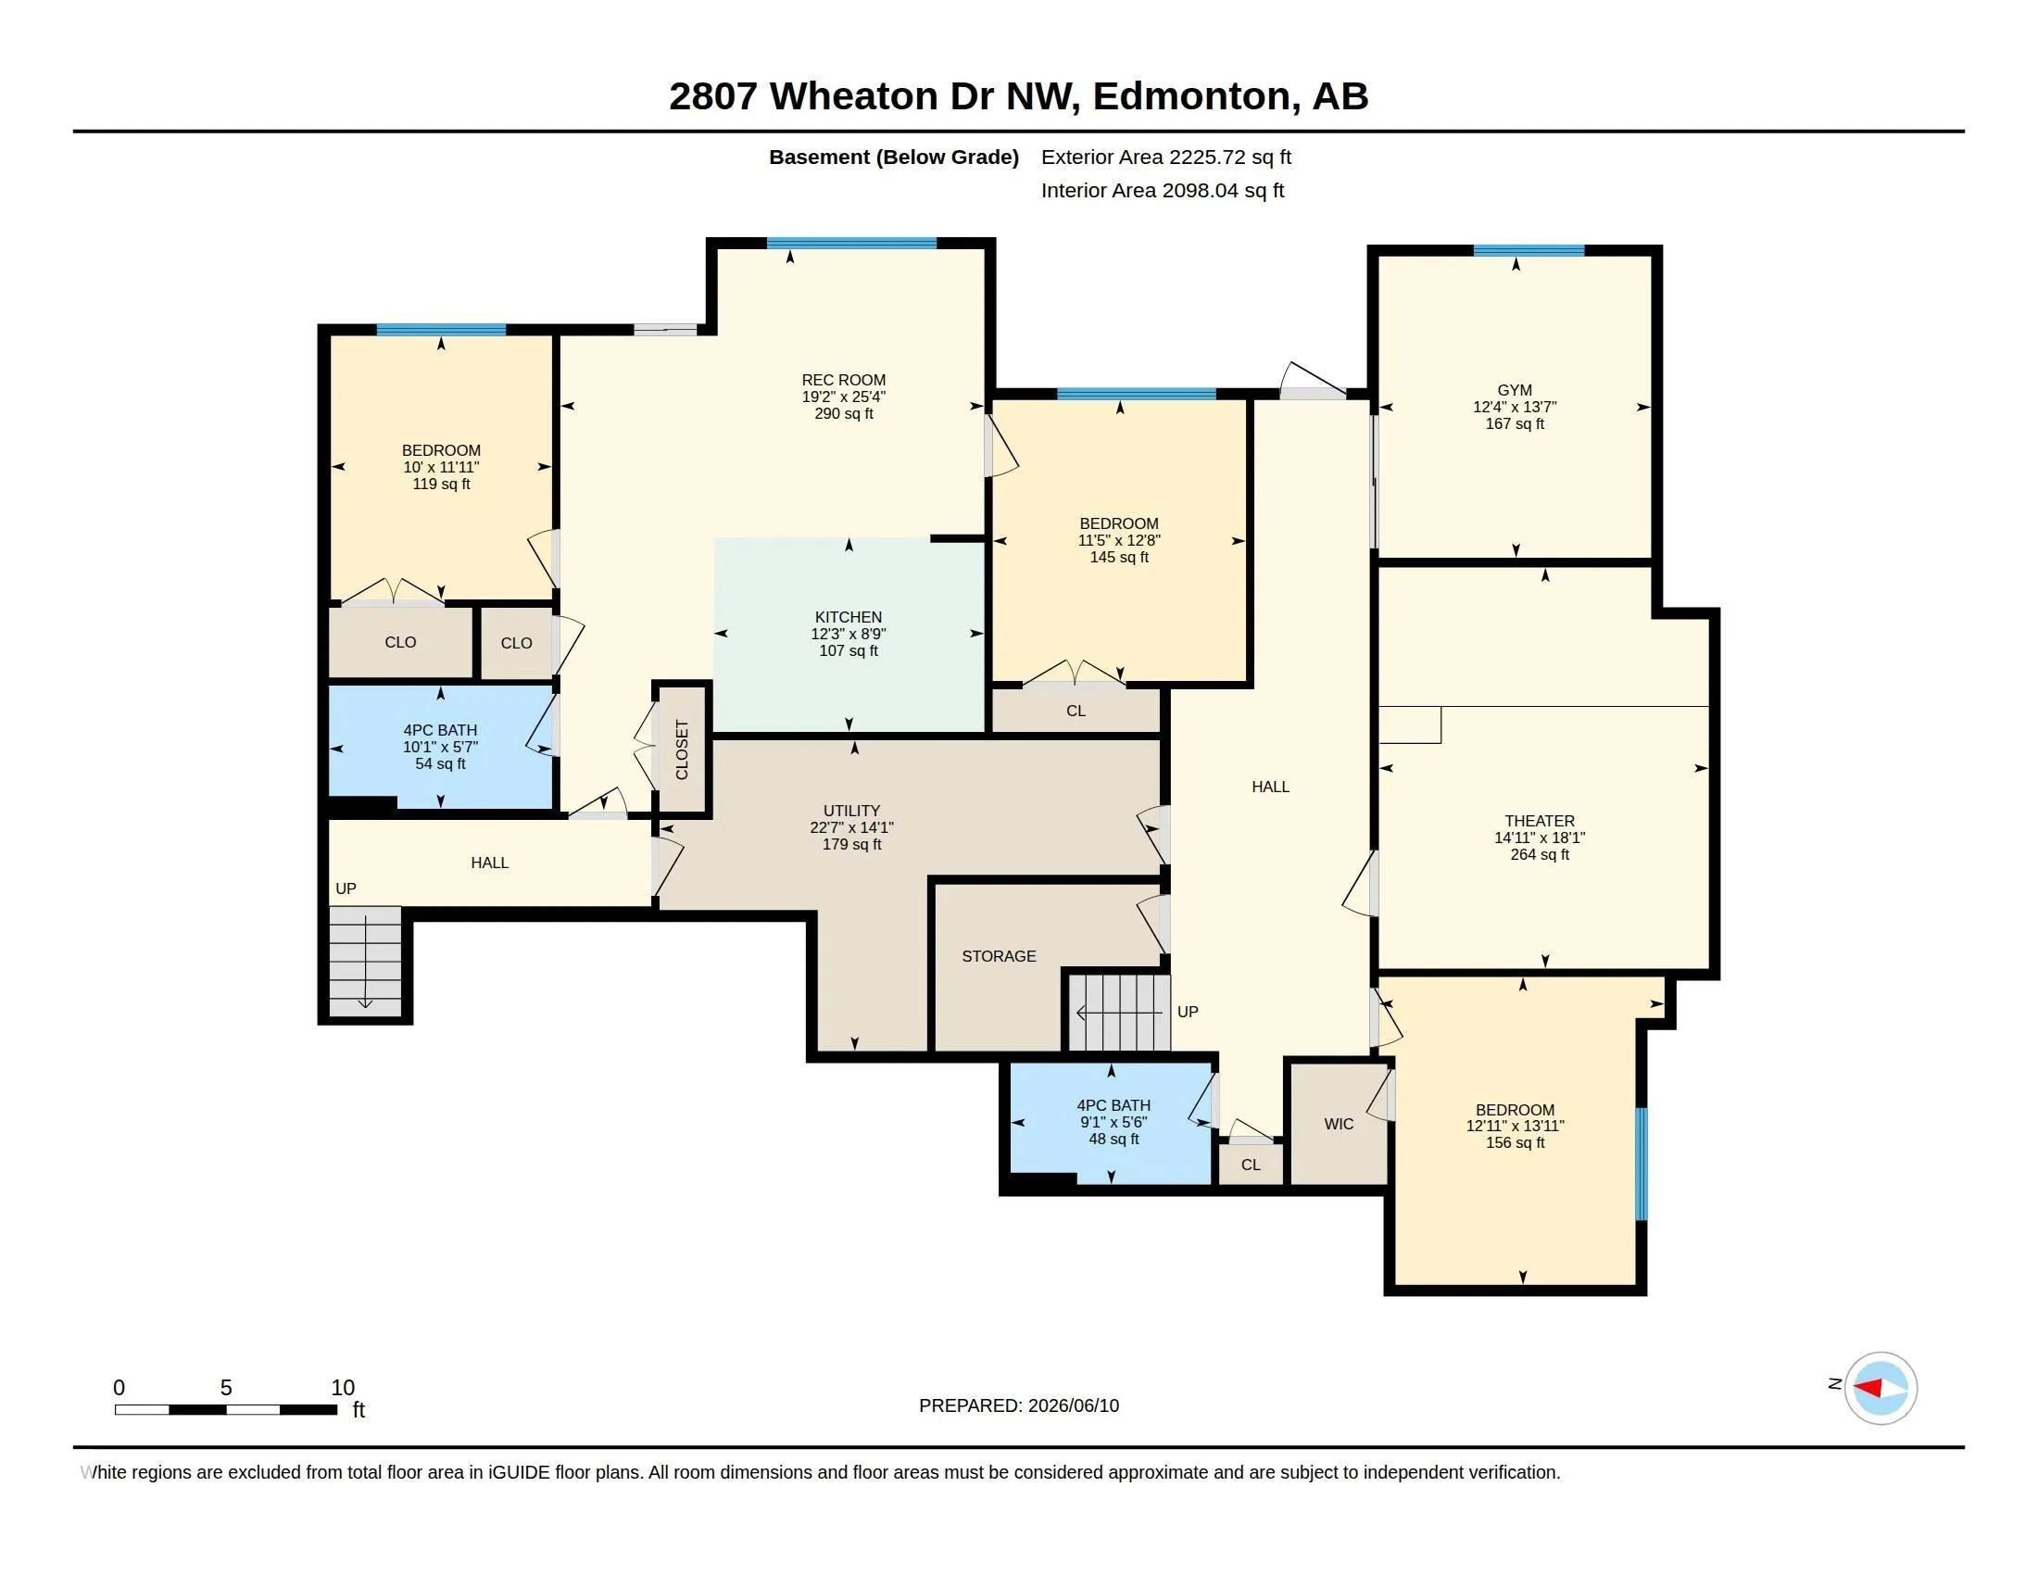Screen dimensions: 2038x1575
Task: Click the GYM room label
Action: (x=1515, y=390)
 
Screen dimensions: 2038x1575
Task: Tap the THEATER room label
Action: (x=1540, y=821)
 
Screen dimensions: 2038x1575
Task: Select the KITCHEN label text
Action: (x=849, y=617)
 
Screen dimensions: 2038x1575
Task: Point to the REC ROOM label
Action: (x=844, y=380)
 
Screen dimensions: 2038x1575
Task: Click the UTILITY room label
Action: (x=851, y=811)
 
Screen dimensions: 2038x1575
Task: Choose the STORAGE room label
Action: (x=999, y=956)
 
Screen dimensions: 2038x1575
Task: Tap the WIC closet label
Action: (x=1339, y=1125)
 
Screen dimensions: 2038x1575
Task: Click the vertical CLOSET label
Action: (x=681, y=750)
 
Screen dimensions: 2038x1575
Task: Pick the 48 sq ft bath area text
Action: (x=1113, y=1140)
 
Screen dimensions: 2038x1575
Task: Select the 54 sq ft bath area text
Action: (x=440, y=764)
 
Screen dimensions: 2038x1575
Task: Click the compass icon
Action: (x=1880, y=1388)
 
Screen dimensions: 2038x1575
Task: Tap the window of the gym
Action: (x=1528, y=250)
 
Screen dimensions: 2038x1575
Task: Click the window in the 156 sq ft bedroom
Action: (x=1642, y=1164)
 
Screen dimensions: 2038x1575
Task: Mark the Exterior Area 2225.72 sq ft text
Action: (x=1165, y=157)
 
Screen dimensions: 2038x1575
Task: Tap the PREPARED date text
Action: (x=1018, y=1406)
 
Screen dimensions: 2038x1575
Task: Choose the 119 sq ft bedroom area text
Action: (x=441, y=485)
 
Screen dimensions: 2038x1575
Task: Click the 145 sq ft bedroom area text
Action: (x=1119, y=557)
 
